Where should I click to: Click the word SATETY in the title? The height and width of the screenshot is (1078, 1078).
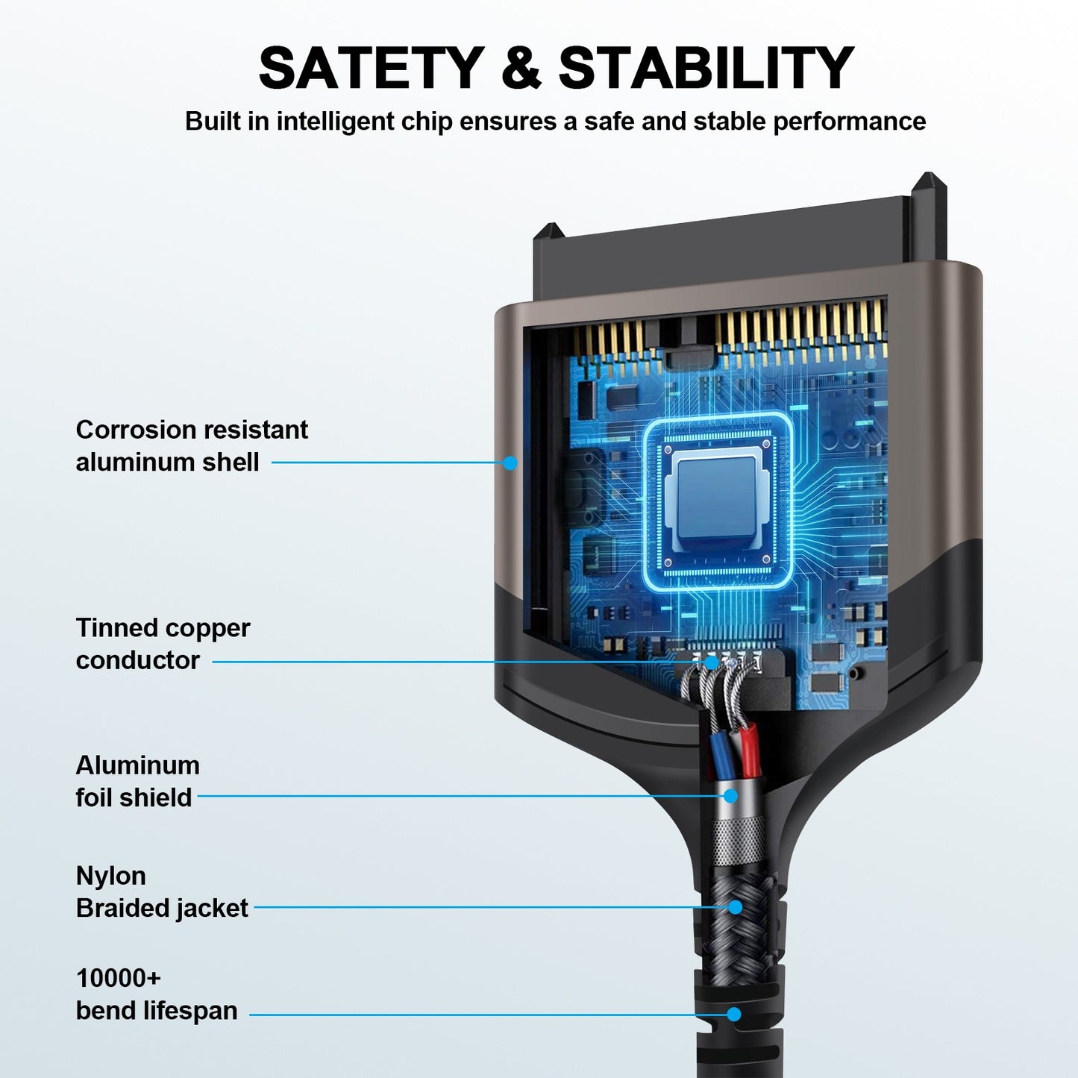point(371,68)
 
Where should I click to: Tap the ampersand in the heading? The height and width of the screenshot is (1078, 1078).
point(521,68)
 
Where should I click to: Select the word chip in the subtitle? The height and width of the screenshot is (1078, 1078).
point(427,122)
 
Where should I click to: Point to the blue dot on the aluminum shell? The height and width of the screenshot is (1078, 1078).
point(510,463)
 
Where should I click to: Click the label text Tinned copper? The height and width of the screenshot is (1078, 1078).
point(163,628)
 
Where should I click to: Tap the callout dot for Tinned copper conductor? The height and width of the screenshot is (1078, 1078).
point(712,662)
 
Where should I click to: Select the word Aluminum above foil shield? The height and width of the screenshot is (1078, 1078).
point(137,765)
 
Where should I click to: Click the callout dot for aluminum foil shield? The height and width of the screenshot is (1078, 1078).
point(730,796)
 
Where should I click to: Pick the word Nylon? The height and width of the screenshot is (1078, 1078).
point(110,876)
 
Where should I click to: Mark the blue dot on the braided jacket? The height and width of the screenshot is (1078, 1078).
point(735,907)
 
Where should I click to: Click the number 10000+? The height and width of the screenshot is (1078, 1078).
point(118,978)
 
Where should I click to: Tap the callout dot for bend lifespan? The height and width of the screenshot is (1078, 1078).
point(734,1014)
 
